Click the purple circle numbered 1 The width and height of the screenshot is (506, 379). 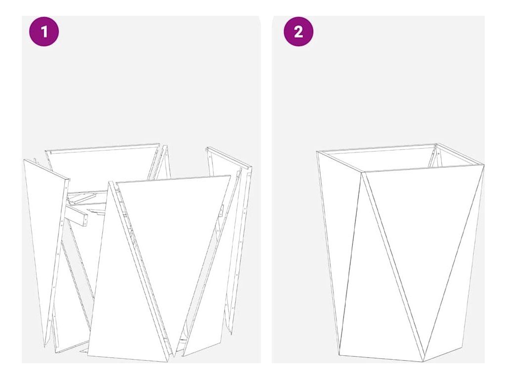pyautogui.click(x=44, y=32)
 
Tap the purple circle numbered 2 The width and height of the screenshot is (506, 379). pyautogui.click(x=298, y=32)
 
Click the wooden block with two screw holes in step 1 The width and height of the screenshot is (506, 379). pyautogui.click(x=76, y=214)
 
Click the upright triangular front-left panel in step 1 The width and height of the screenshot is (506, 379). pyautogui.click(x=129, y=290)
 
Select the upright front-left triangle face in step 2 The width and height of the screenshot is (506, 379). pyautogui.click(x=381, y=290)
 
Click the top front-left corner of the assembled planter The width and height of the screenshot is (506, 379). pyautogui.click(x=362, y=172)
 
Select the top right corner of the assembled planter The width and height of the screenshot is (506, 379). pyautogui.click(x=484, y=165)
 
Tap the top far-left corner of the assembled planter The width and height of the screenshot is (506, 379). pyautogui.click(x=317, y=151)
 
